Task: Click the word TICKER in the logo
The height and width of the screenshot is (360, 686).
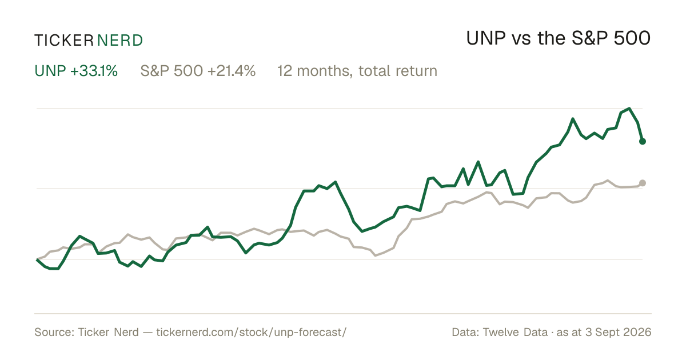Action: coord(64,41)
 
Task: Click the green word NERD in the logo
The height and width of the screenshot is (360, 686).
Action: coord(120,41)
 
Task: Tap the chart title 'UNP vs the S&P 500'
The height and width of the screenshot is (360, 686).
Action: coord(559,39)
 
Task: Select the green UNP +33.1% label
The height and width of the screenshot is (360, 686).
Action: coord(76,71)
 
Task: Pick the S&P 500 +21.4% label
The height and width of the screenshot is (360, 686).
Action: coord(198,71)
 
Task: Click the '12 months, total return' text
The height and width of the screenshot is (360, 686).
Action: coord(357,71)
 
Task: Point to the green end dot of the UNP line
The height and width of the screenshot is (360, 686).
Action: coord(643,141)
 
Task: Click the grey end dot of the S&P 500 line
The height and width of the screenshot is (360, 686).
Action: coord(643,183)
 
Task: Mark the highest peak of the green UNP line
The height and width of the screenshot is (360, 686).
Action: coord(629,109)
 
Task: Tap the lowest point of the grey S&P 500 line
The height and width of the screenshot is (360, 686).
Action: coord(376,255)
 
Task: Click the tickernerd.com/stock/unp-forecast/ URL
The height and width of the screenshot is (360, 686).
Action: coord(252,332)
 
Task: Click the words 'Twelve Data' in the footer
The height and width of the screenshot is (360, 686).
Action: coord(515,332)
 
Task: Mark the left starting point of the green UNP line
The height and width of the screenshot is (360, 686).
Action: coord(37,259)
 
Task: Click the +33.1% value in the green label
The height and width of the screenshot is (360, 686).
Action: coord(94,71)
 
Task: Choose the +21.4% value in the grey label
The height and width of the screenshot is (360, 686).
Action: coord(231,71)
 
